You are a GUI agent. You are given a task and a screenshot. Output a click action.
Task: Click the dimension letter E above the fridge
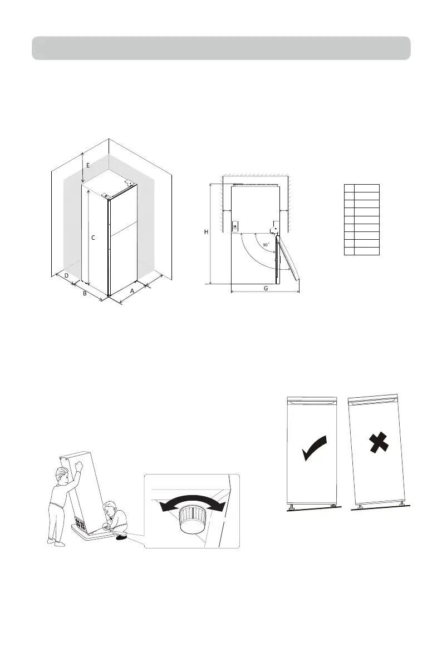click(x=87, y=165)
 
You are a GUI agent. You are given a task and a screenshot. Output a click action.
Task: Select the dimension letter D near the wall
click(x=66, y=275)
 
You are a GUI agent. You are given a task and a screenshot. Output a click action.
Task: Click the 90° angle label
click(x=267, y=245)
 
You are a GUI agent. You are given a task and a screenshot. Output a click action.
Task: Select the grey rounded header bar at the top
click(x=221, y=48)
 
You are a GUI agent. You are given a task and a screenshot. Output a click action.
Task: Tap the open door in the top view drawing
click(x=288, y=254)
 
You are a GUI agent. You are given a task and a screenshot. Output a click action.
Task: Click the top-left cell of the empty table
click(x=348, y=187)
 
